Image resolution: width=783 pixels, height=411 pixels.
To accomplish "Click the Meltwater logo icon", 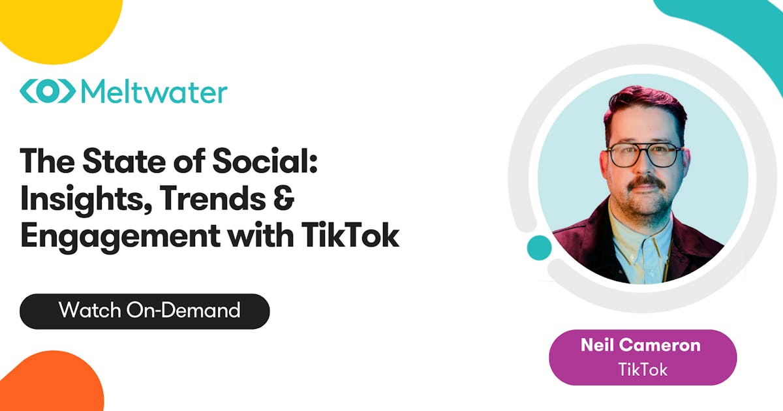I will pyautogui.click(x=46, y=91).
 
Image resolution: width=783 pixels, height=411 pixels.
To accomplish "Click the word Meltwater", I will pyautogui.click(x=153, y=91).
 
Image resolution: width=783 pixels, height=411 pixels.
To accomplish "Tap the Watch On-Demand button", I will pyautogui.click(x=144, y=311).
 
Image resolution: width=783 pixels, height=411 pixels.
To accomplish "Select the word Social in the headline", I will pyautogui.click(x=264, y=160).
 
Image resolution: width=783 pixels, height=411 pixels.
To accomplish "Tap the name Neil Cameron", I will pyautogui.click(x=642, y=345).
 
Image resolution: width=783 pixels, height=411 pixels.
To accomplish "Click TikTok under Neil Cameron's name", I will pyautogui.click(x=643, y=369).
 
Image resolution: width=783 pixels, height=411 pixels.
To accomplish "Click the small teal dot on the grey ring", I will pyautogui.click(x=539, y=248).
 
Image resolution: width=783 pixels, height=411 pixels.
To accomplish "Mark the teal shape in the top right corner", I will pyautogui.click(x=731, y=26).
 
